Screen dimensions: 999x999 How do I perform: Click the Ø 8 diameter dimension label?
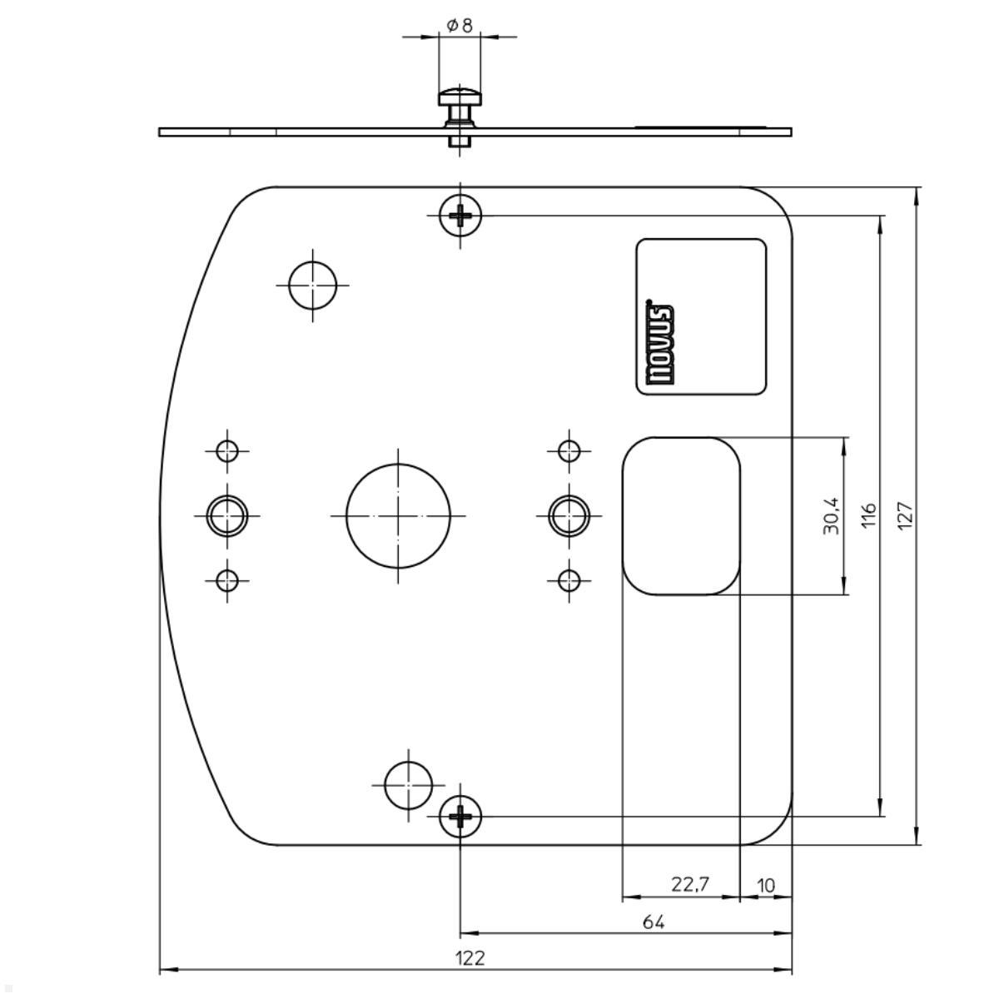point(459,26)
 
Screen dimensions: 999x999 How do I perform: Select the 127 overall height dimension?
point(907,514)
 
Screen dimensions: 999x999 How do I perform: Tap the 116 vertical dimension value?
point(869,514)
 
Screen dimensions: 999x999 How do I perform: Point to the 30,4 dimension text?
point(832,515)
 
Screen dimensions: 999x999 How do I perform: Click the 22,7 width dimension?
point(690,884)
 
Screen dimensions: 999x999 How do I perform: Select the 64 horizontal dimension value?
point(654,922)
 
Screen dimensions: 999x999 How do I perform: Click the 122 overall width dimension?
point(470,958)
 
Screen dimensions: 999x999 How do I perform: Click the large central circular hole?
point(398,515)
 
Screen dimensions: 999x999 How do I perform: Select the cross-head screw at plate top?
point(460,216)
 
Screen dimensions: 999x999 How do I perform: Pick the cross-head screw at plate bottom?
point(460,817)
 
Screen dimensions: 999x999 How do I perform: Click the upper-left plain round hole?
point(313,285)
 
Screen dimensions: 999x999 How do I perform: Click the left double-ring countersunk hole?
point(227,515)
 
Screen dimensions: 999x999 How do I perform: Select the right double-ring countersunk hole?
point(569,515)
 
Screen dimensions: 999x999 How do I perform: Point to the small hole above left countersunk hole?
point(227,451)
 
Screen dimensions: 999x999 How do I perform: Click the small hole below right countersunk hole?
point(569,579)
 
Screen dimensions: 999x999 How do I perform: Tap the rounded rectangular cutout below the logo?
point(681,515)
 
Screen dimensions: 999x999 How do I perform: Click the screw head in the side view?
point(460,97)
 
